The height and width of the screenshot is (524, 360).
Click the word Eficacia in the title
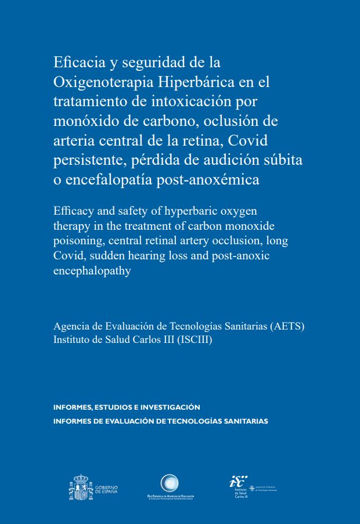coord(77,62)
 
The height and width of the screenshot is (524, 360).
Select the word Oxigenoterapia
coord(99,81)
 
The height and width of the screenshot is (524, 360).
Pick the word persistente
coord(84,160)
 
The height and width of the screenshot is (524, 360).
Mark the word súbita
coord(283,160)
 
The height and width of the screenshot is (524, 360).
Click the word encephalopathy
coord(92,271)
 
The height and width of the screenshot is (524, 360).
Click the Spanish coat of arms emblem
coord(81,488)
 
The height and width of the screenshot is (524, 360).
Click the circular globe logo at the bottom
coord(170,483)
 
